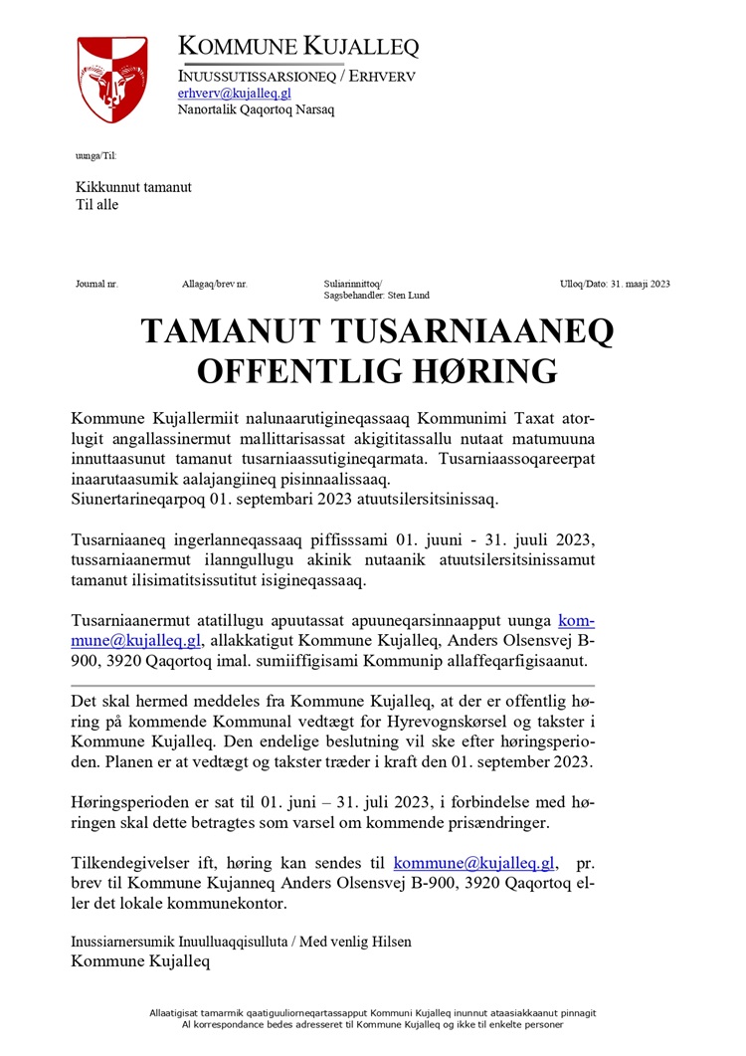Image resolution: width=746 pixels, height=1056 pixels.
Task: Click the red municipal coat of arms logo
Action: pos(112,80)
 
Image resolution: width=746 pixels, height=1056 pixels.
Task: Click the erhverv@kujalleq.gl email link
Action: pos(234,93)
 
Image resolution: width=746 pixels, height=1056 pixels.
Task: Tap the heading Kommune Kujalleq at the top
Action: pos(298,46)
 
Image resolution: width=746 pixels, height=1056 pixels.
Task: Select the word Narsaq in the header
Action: pos(313,109)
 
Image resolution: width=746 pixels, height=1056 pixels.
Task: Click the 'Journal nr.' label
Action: pos(96,284)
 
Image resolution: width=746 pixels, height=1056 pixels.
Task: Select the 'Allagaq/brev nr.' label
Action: pos(215,284)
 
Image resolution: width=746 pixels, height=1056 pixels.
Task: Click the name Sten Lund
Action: pos(410,296)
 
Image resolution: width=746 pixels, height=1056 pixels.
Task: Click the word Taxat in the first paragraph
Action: pos(517,414)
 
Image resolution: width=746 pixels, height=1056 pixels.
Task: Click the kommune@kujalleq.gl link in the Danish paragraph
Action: pos(475,863)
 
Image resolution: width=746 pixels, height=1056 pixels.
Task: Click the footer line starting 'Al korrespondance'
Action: pos(373,1023)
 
